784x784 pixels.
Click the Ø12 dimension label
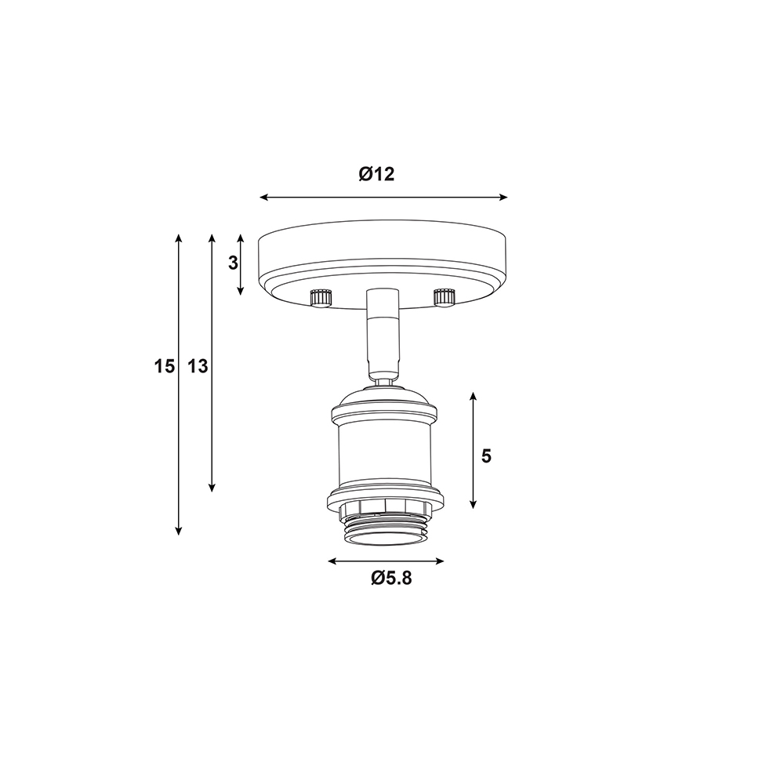pyautogui.click(x=376, y=174)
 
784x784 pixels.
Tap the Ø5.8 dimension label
pyautogui.click(x=391, y=578)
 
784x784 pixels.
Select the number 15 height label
pyautogui.click(x=164, y=366)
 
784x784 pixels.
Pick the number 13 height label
pyautogui.click(x=198, y=366)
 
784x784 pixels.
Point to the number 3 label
pyautogui.click(x=233, y=263)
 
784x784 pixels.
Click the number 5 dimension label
pyautogui.click(x=487, y=456)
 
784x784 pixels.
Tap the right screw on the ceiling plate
pyautogui.click(x=444, y=296)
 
